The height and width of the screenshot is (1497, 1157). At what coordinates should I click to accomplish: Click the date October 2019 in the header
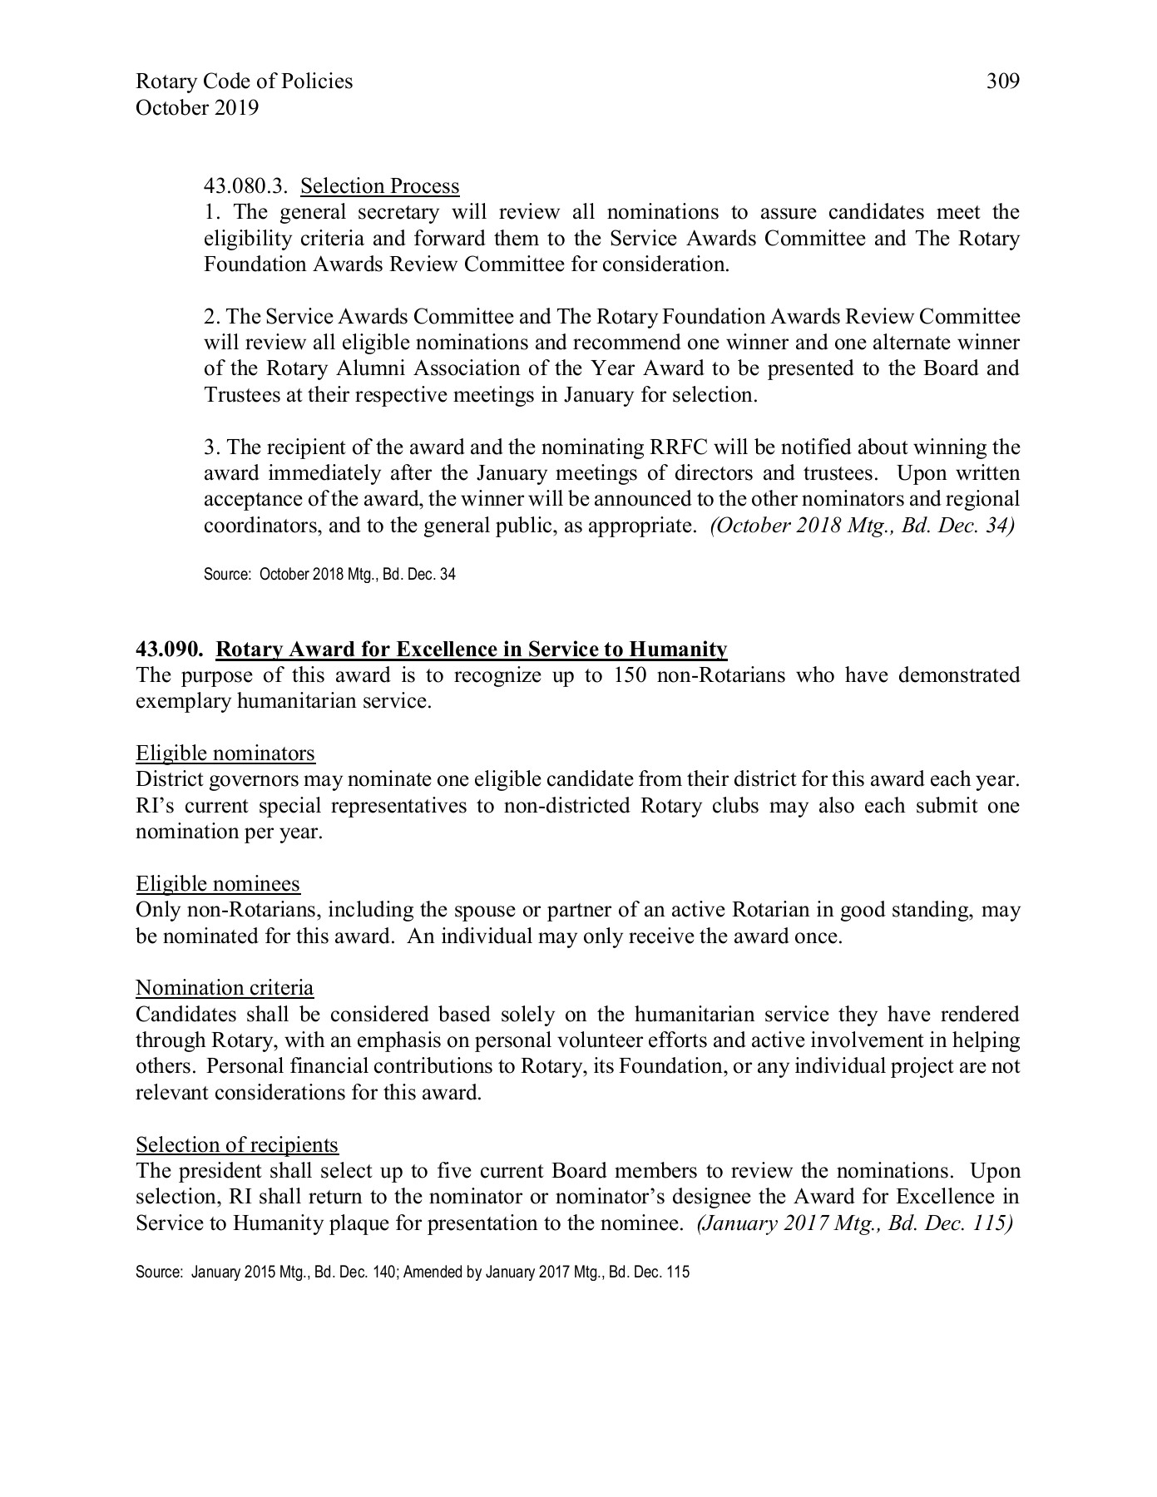[x=196, y=108]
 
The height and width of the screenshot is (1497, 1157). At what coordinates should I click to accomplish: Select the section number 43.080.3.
[x=245, y=186]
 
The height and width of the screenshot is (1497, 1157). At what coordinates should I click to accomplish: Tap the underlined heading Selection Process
[x=380, y=186]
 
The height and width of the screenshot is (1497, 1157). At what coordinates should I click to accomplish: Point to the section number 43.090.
[x=170, y=649]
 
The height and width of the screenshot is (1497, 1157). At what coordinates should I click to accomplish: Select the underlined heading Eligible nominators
[x=225, y=753]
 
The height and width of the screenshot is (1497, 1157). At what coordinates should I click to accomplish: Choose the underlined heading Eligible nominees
[x=218, y=883]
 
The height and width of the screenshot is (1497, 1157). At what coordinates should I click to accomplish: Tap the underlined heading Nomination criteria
[x=225, y=988]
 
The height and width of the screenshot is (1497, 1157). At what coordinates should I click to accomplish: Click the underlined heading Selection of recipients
[x=237, y=1145]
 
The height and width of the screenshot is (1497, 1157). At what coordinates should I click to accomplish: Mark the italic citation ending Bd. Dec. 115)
[x=853, y=1223]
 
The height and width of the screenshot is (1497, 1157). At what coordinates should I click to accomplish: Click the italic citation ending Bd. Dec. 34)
[x=861, y=526]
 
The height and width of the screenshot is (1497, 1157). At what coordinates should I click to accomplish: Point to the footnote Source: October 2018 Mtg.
[x=329, y=575]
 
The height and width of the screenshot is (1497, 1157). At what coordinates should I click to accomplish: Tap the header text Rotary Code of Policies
[x=244, y=82]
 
